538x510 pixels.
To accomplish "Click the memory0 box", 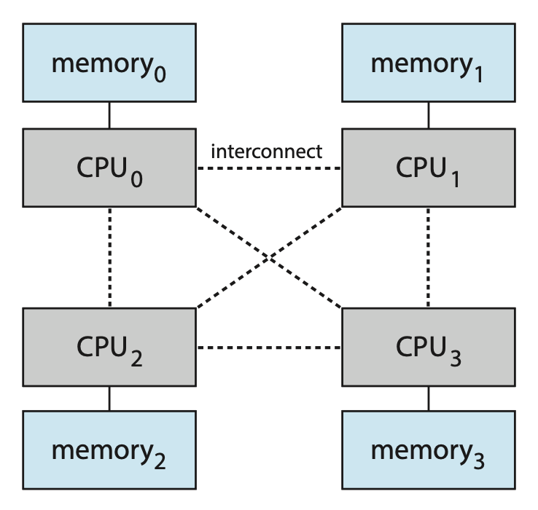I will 109,63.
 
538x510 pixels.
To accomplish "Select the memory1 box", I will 428,63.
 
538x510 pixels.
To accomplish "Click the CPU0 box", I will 109,168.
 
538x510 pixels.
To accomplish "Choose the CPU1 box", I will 428,168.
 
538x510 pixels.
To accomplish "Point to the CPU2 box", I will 109,348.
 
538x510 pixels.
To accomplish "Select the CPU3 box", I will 428,348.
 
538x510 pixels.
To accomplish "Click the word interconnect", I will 266,152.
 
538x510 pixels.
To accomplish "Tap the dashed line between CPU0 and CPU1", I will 269,168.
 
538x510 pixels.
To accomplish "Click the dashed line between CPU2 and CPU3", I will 269,348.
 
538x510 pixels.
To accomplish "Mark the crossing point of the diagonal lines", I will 269,257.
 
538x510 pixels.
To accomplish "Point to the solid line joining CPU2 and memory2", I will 109,399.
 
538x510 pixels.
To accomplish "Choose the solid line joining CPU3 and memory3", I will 428,399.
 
